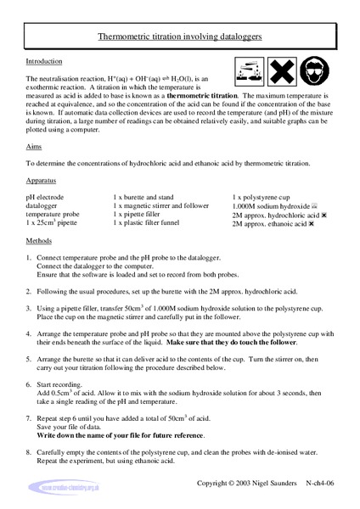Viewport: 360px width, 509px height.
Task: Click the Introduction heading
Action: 43,62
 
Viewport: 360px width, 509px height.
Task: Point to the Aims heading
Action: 34,147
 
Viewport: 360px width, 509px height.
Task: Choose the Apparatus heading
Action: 42,181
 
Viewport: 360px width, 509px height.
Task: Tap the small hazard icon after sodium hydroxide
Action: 314,207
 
